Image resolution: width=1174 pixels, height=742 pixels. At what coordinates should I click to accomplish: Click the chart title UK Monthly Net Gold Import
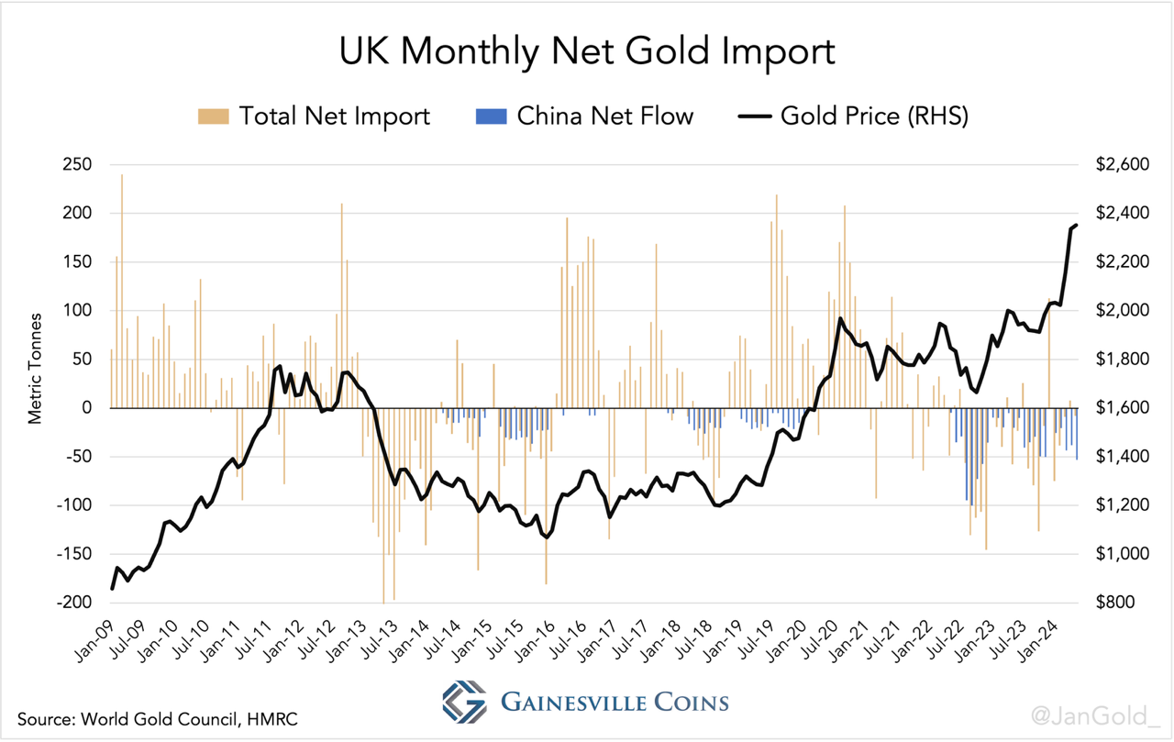click(x=587, y=52)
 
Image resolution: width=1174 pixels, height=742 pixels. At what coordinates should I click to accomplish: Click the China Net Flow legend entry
click(x=584, y=116)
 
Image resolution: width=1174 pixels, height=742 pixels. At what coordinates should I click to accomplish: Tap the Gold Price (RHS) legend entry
click(x=853, y=116)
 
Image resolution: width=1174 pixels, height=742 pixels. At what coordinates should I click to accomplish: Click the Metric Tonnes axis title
click(x=36, y=367)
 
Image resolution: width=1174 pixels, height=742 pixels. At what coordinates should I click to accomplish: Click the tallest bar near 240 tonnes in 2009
click(x=122, y=275)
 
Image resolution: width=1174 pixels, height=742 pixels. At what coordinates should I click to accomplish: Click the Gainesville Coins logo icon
click(x=464, y=702)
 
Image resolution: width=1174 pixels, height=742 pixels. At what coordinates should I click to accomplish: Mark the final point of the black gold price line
click(x=1077, y=225)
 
